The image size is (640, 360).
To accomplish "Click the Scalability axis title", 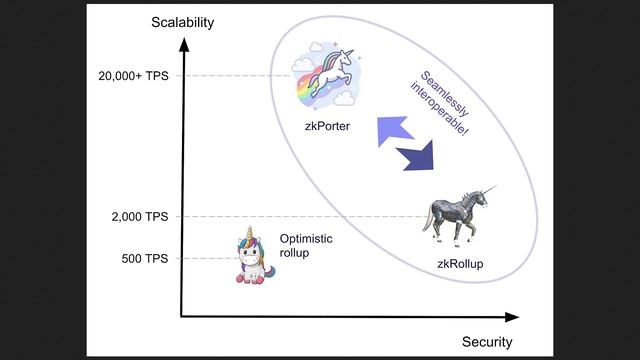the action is (182, 22).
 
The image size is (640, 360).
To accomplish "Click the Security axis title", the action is (487, 342).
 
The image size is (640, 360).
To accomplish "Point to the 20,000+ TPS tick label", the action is (133, 76).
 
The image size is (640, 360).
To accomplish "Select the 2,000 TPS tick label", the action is (140, 217).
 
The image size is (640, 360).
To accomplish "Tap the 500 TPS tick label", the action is (145, 258).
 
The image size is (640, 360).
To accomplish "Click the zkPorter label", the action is (327, 127).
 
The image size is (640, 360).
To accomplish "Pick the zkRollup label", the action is (460, 264).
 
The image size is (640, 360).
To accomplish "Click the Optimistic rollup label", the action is (306, 246).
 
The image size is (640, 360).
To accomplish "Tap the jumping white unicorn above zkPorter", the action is (331, 73).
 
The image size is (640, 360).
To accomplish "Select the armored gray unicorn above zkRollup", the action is (459, 216).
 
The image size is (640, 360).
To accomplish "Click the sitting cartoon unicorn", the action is (254, 256).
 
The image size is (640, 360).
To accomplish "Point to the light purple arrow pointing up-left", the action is (394, 131).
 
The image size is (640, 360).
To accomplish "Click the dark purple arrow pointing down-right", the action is (416, 156).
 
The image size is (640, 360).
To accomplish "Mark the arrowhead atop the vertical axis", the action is (184, 44).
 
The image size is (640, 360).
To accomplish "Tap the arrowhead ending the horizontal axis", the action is (512, 317).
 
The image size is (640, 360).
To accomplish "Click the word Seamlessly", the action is (444, 93).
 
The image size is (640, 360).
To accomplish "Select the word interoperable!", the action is (439, 109).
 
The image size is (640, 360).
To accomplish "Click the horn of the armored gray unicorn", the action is (490, 190).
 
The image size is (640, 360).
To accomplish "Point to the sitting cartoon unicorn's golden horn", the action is (250, 233).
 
